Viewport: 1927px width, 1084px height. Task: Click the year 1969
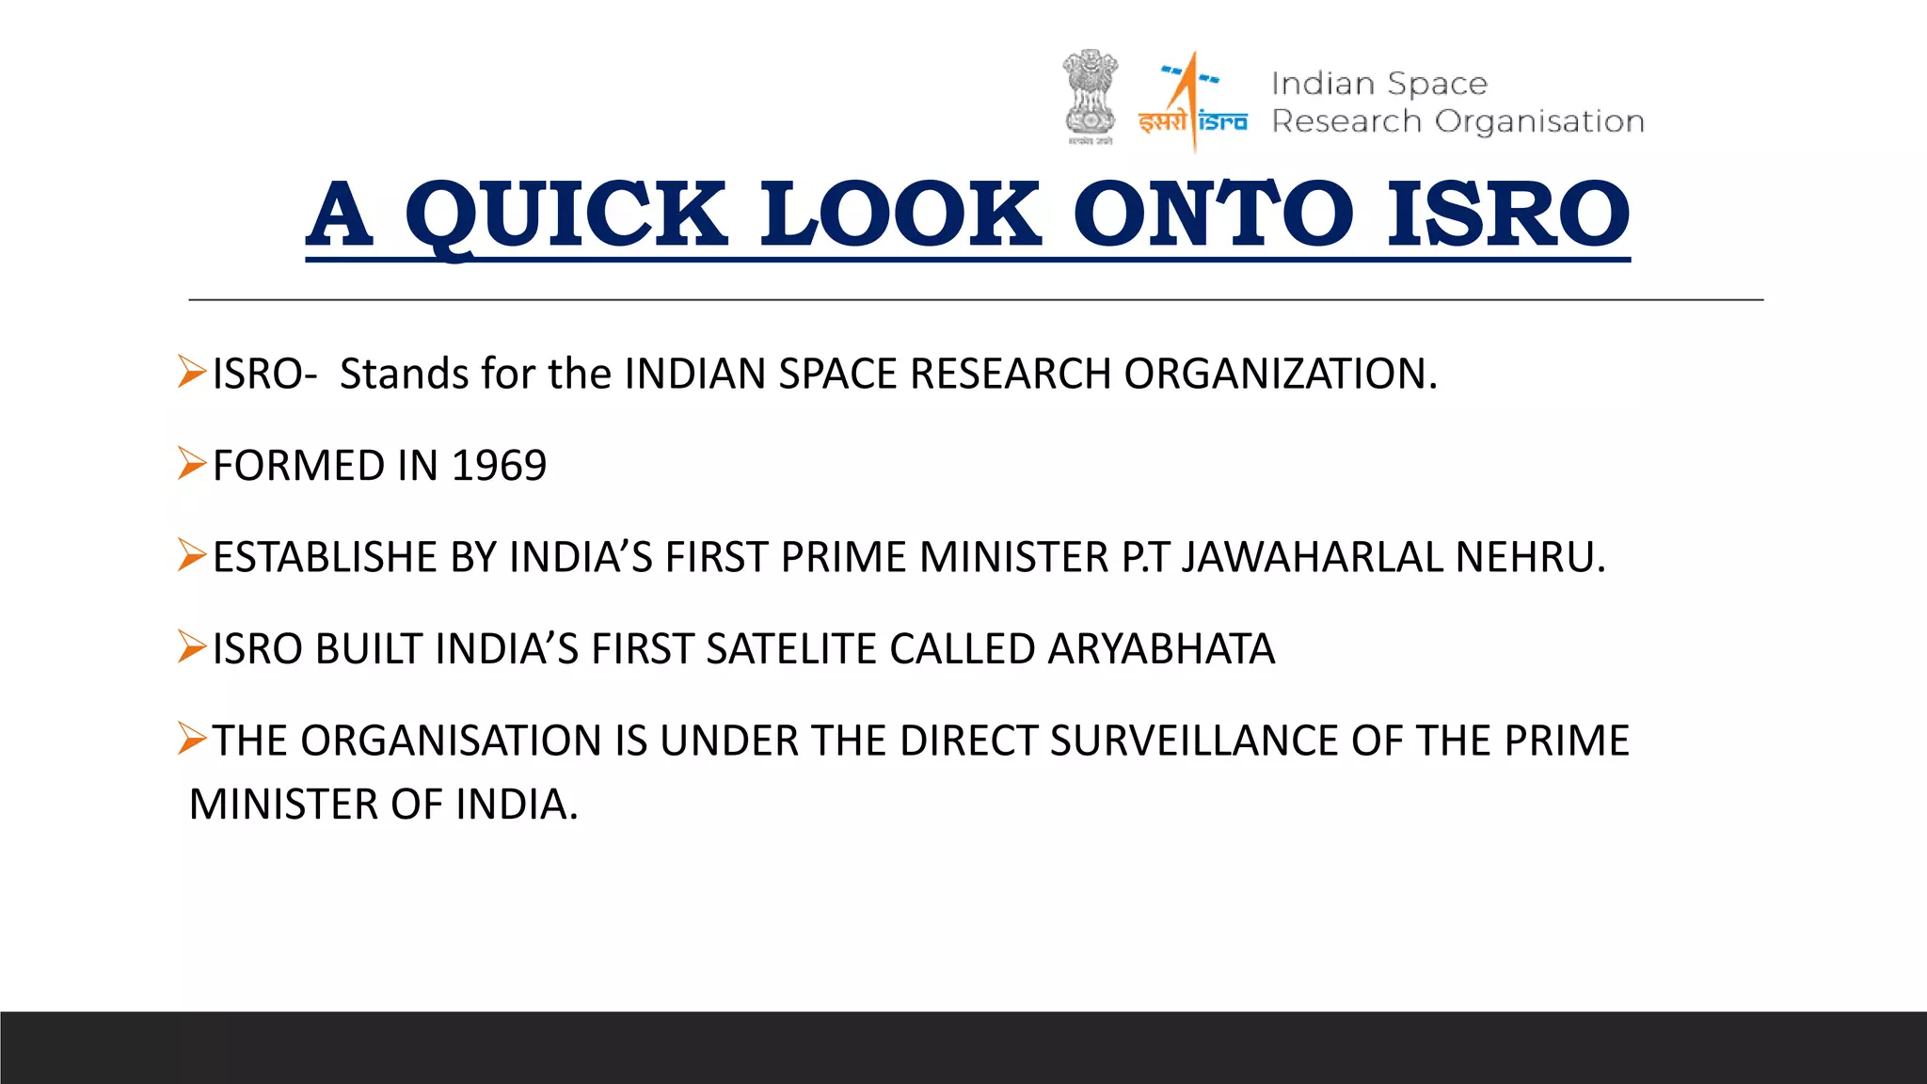coord(499,466)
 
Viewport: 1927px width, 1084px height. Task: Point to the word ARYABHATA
coord(1161,649)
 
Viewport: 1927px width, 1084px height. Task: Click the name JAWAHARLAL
coord(1313,557)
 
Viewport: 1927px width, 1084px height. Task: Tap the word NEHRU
coord(1530,557)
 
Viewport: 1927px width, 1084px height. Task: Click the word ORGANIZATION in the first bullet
coord(1280,374)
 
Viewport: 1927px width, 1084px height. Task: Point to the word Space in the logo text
coord(1437,85)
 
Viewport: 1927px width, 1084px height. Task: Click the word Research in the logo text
coord(1346,121)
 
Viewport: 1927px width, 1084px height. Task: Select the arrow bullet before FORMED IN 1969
coord(191,464)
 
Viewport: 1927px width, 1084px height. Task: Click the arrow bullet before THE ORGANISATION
coord(191,739)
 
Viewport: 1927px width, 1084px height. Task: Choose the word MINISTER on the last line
coord(283,805)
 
